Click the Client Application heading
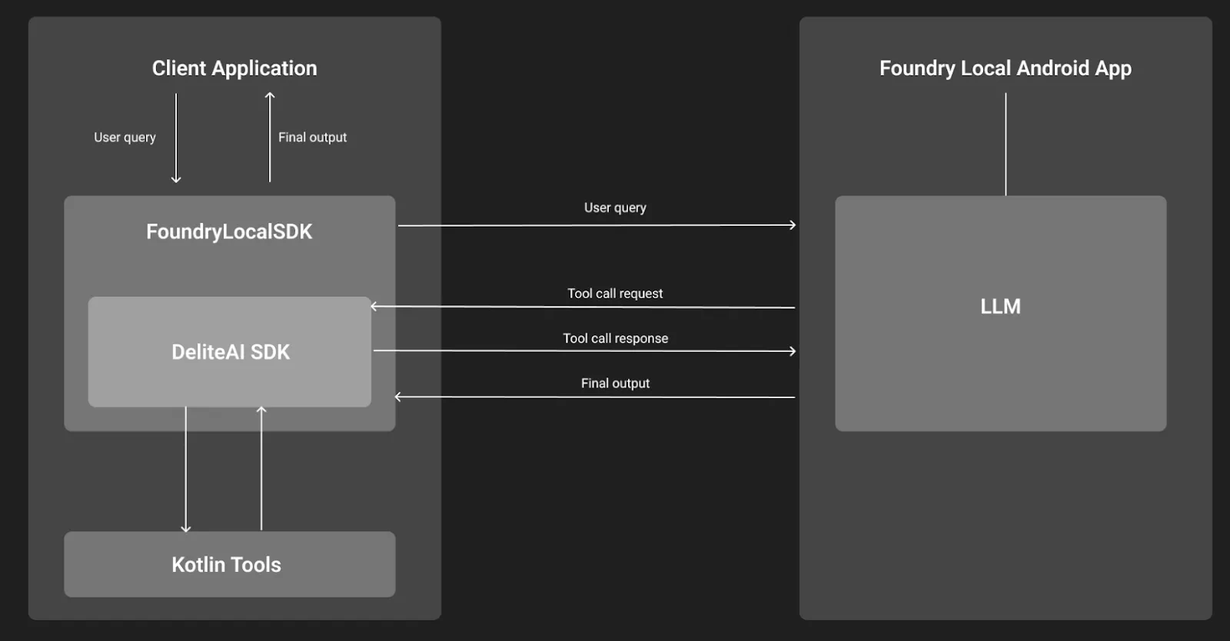234,68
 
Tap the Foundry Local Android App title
1005,68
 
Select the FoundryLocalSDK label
229,231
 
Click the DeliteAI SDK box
230,352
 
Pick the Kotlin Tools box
229,564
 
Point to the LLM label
1000,307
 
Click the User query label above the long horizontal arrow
615,208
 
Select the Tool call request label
615,294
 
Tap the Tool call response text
615,338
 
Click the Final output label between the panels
615,383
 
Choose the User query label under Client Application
125,137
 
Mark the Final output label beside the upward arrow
312,137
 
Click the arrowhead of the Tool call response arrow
793,351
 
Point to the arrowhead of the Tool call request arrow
374,306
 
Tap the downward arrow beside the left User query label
176,138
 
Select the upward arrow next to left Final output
270,138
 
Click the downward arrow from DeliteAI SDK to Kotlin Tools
185,469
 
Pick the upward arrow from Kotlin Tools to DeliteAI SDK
261,469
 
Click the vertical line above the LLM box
1006,144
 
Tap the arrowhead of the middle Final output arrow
398,397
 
